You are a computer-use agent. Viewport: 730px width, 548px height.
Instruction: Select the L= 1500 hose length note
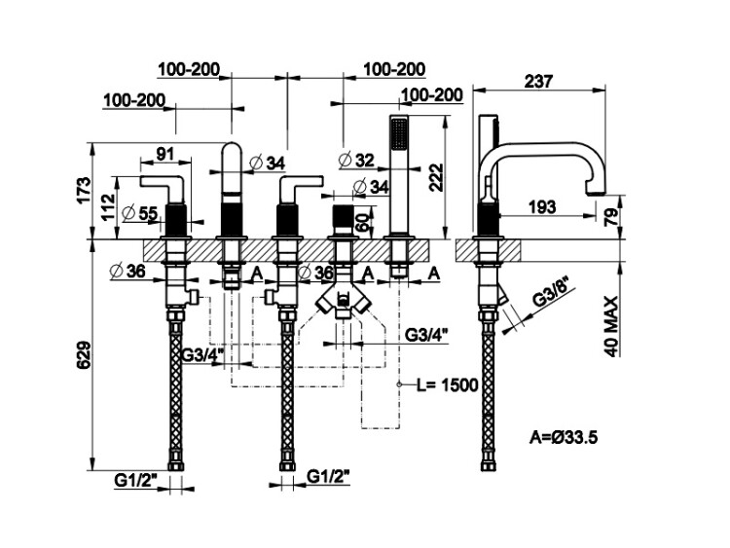pyautogui.click(x=447, y=384)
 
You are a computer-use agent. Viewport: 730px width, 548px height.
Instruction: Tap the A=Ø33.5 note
pyautogui.click(x=565, y=437)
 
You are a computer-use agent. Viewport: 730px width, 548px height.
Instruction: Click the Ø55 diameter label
pyautogui.click(x=142, y=213)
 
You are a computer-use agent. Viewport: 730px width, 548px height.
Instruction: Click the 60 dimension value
pyautogui.click(x=362, y=221)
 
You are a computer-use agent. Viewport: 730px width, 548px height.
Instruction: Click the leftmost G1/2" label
pyautogui.click(x=132, y=479)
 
